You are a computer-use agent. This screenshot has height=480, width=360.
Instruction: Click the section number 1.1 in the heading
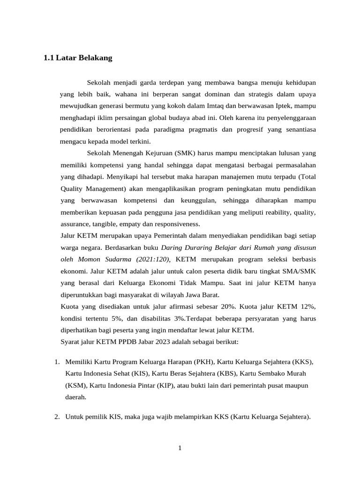48,59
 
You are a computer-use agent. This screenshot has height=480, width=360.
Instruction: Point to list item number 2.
57,417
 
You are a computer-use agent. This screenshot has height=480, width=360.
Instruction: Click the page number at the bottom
180,448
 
